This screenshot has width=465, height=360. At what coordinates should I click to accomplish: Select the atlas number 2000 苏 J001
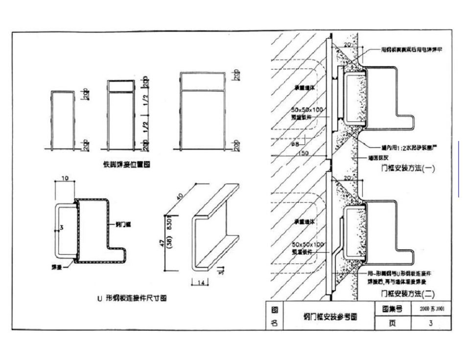pos(431,309)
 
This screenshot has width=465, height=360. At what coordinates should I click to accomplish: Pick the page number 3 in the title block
pos(431,323)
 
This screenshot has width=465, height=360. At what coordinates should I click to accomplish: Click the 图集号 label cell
pos(392,309)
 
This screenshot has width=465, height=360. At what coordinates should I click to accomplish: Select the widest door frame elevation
pos(203,110)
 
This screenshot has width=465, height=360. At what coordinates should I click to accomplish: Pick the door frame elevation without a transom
pos(63,119)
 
